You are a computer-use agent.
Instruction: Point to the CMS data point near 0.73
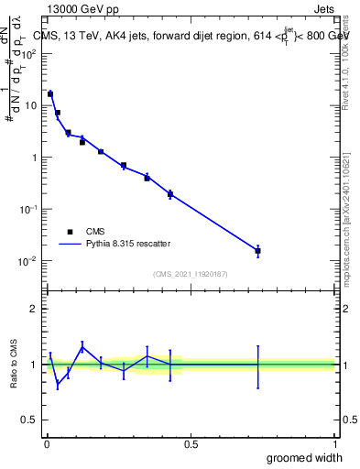click(257, 250)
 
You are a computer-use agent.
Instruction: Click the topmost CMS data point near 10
click(50, 93)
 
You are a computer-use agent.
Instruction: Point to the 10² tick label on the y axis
click(30, 53)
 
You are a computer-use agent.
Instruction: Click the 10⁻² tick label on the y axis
click(30, 261)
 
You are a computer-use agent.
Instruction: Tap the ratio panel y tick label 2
click(33, 309)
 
